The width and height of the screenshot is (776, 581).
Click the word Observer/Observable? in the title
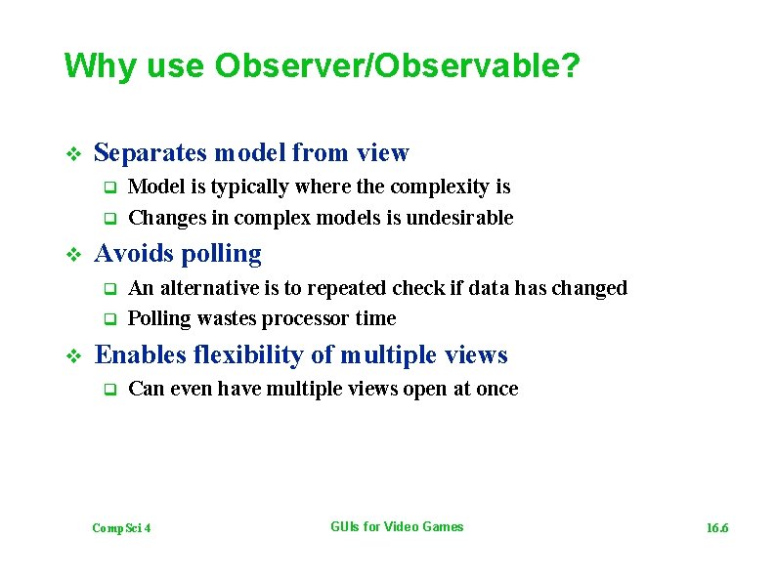pos(398,66)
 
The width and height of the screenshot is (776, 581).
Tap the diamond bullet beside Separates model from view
pos(70,153)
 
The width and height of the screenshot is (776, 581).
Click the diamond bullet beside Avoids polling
pos(70,255)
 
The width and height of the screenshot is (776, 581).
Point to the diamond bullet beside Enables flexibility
pos(70,356)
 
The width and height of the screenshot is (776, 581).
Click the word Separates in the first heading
pos(151,152)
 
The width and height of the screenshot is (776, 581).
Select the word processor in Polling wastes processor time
pos(307,318)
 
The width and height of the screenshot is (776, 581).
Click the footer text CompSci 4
pos(121,528)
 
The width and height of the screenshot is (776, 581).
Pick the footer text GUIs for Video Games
pos(397,527)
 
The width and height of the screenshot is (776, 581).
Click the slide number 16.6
pos(717,528)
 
